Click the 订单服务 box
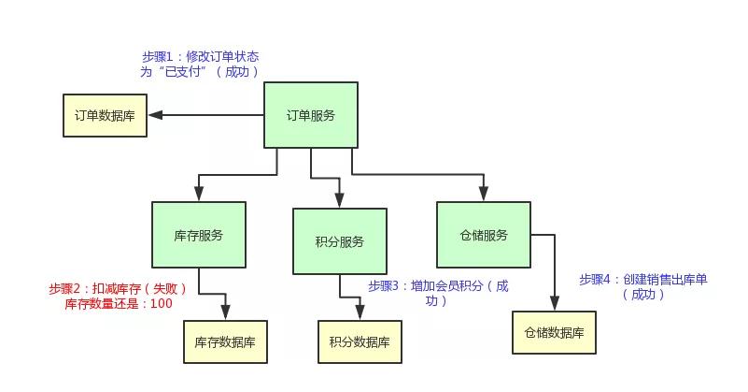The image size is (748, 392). pos(310,115)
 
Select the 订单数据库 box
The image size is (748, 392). pos(105,115)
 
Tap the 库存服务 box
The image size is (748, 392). pos(198,235)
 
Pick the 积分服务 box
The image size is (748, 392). pos(339,241)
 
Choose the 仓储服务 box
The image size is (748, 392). pos(483,235)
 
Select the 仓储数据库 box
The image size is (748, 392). pos(554,332)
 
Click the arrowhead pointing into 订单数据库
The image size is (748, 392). pos(156,115)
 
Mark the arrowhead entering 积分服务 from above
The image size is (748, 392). pos(339,200)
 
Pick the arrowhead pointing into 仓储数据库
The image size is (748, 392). pos(554,303)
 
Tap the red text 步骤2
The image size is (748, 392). pos(64,288)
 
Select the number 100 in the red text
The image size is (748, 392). pos(162,303)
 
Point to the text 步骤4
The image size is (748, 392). pos(594,279)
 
